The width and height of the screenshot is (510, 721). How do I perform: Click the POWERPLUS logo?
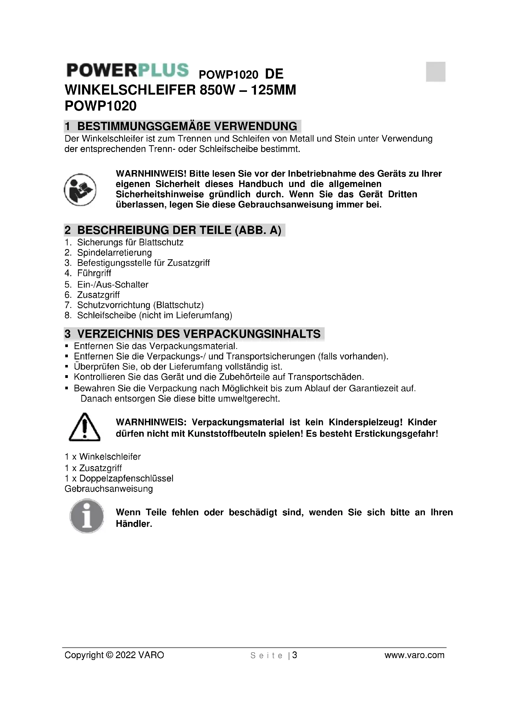[128, 70]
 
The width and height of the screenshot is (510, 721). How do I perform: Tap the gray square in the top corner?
[436, 72]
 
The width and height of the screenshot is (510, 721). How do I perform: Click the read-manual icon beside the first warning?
[80, 190]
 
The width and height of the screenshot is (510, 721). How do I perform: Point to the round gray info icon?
[87, 516]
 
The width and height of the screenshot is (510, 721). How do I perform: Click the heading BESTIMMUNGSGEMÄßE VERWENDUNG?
[187, 126]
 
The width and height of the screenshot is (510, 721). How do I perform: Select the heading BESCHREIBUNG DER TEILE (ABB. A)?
[179, 230]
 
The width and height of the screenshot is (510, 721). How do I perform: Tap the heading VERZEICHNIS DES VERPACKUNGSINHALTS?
[199, 334]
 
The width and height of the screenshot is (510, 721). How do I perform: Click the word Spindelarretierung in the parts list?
[114, 253]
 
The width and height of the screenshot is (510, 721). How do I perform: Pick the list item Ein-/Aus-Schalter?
[113, 285]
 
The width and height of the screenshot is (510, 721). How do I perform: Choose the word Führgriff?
[94, 273]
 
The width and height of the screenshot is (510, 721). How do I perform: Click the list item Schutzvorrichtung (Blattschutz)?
[140, 305]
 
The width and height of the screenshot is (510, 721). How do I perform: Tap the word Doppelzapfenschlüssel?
[126, 478]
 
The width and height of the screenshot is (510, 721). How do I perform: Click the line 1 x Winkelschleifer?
[103, 457]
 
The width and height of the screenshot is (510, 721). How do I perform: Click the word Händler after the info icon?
[134, 524]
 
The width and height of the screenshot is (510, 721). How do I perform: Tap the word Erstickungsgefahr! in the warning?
[396, 434]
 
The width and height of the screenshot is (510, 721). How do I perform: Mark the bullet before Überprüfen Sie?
[67, 367]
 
